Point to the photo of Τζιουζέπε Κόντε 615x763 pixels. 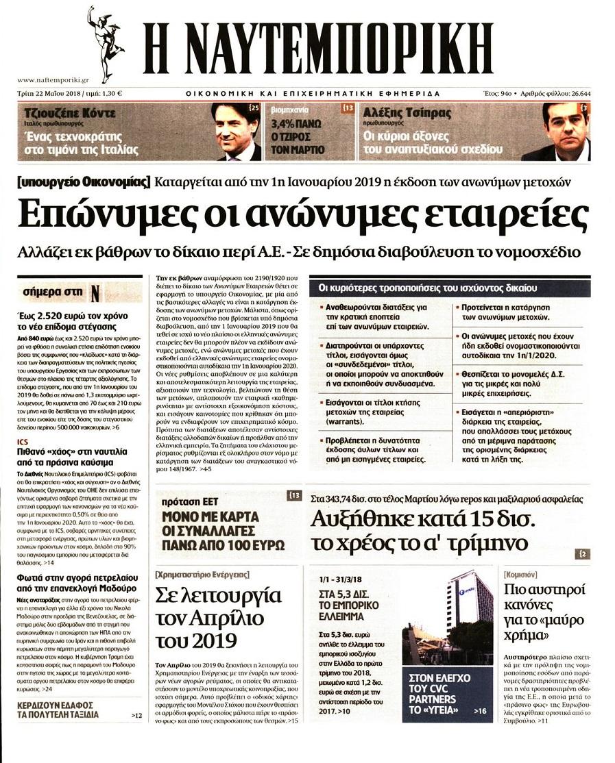[x=235, y=132]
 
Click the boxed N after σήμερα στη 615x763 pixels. [x=95, y=293]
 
